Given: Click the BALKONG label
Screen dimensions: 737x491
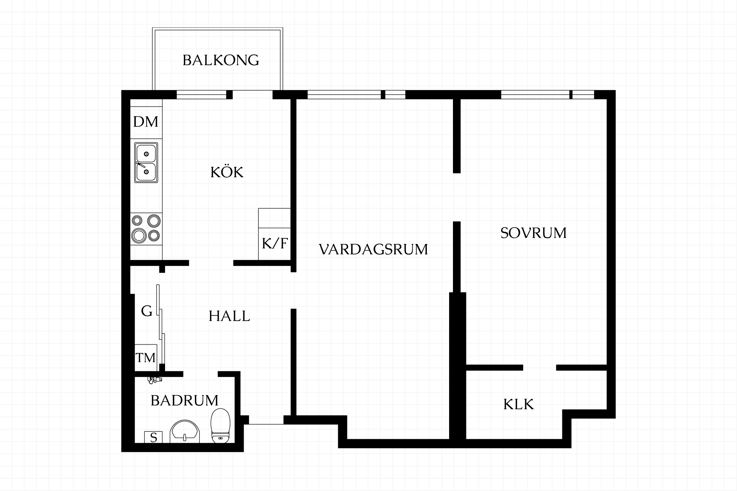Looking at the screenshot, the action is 221,60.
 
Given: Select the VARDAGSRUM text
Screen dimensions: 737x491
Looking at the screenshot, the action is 373,249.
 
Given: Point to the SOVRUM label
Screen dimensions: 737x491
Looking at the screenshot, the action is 534,233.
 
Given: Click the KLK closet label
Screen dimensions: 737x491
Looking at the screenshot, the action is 519,404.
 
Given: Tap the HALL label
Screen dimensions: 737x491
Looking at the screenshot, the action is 229,316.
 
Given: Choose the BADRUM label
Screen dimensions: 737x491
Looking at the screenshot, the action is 185,400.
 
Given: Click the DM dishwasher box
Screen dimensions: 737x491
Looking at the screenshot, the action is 146,122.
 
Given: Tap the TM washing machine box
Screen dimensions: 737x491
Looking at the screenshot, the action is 146,358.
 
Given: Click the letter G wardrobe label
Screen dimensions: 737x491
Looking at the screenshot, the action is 147,311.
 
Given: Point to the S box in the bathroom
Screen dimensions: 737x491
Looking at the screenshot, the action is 153,437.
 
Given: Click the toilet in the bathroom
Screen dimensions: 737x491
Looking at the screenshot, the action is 220,425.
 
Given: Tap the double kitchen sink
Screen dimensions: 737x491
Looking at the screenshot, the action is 146,163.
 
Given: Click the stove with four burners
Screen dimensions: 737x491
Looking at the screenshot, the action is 146,229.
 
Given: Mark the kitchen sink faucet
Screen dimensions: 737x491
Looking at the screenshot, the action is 140,165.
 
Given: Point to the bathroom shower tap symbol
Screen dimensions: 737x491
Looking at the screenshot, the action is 155,380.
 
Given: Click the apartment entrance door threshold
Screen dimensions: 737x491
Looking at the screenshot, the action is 266,424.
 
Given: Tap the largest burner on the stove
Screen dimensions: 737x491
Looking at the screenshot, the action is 139,234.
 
